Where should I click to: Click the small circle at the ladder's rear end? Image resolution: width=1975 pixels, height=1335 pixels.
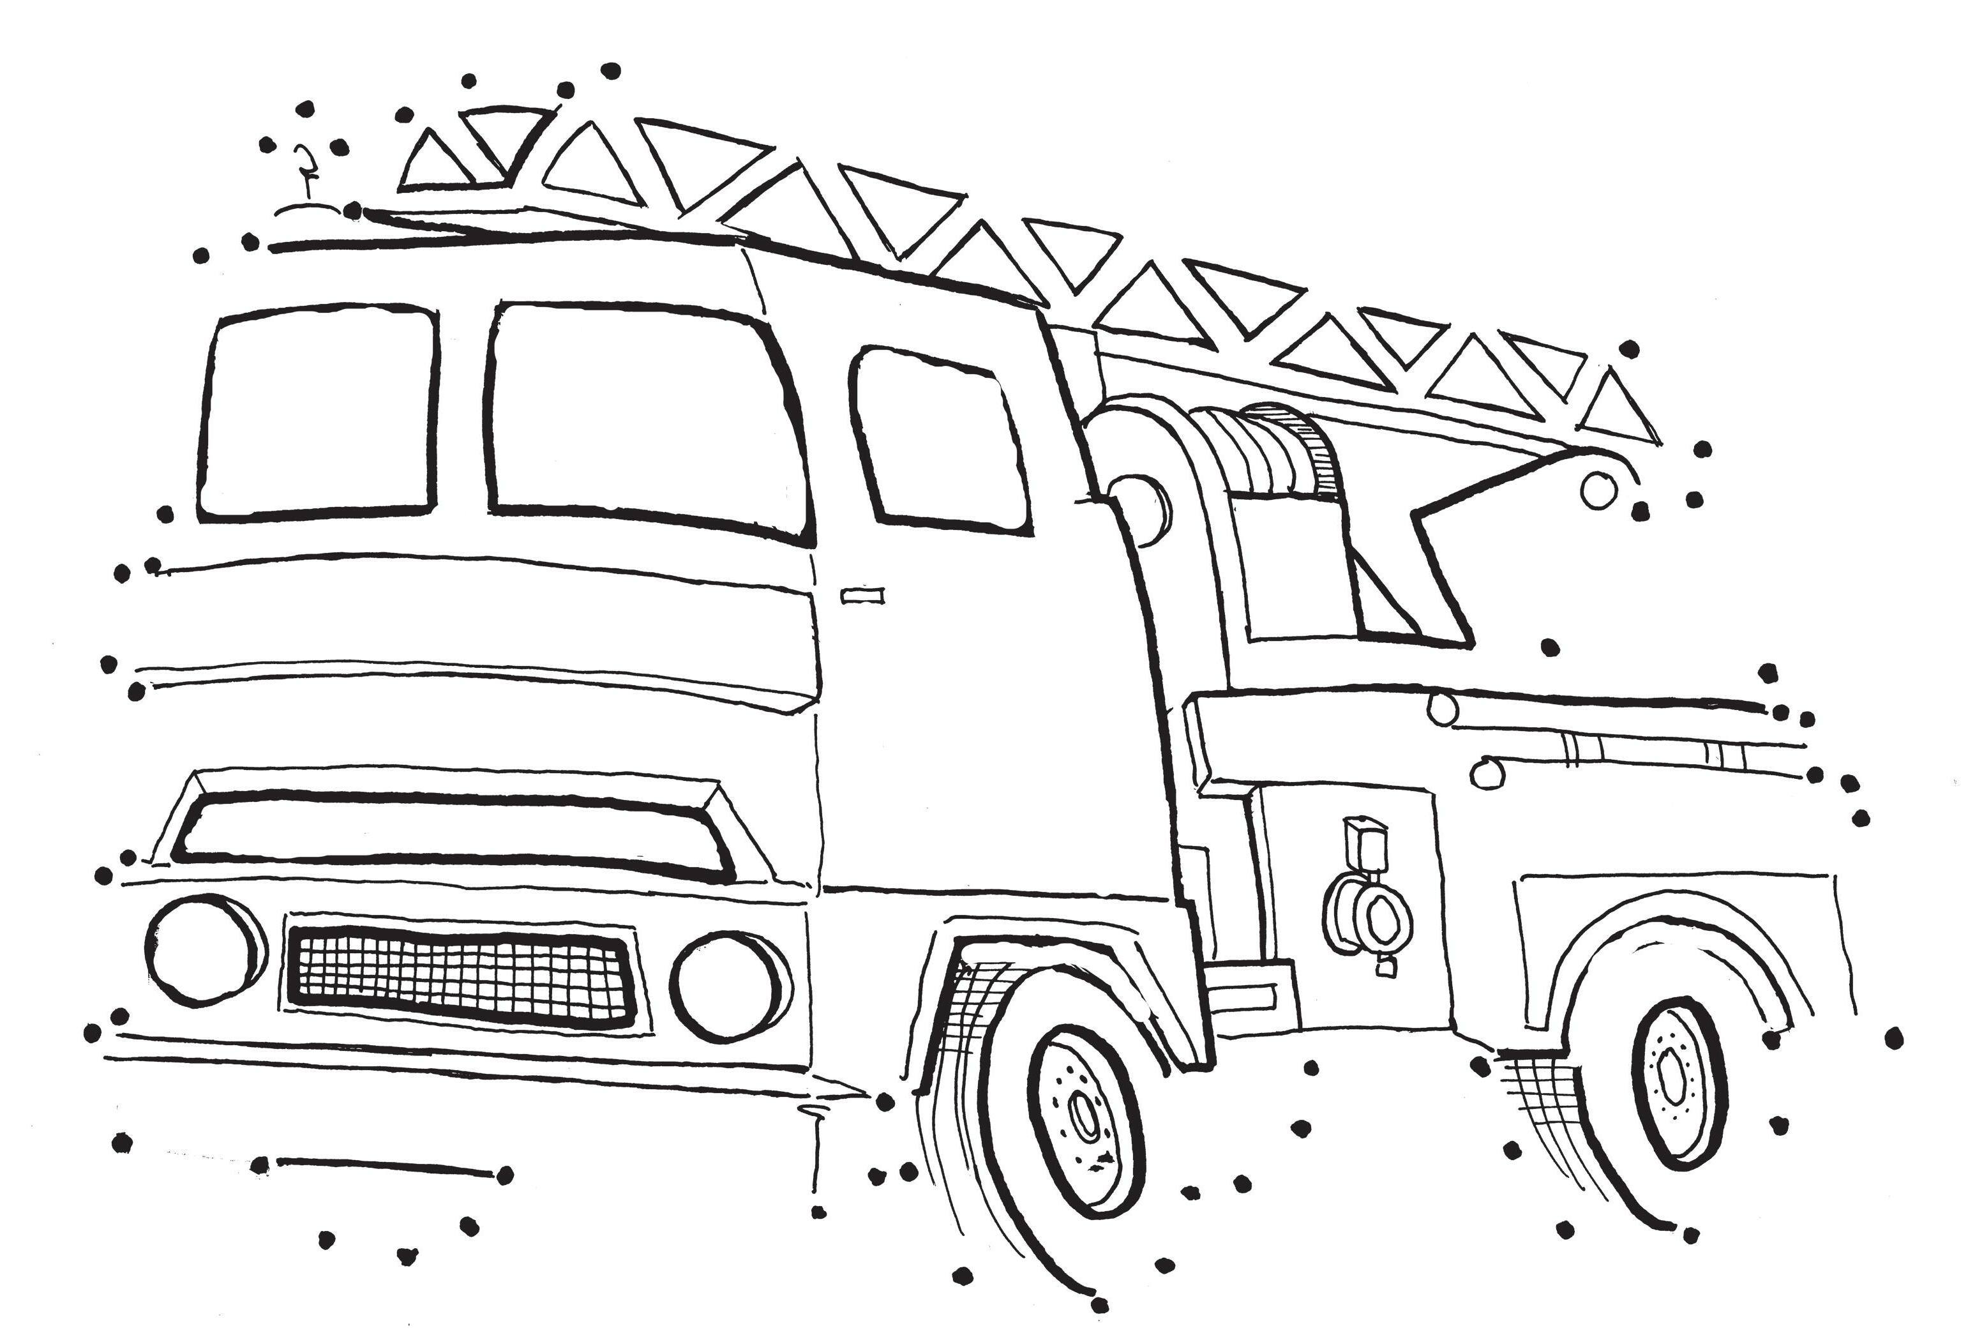[x=1598, y=488]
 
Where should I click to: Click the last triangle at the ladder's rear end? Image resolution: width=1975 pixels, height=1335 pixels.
[x=1627, y=412]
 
